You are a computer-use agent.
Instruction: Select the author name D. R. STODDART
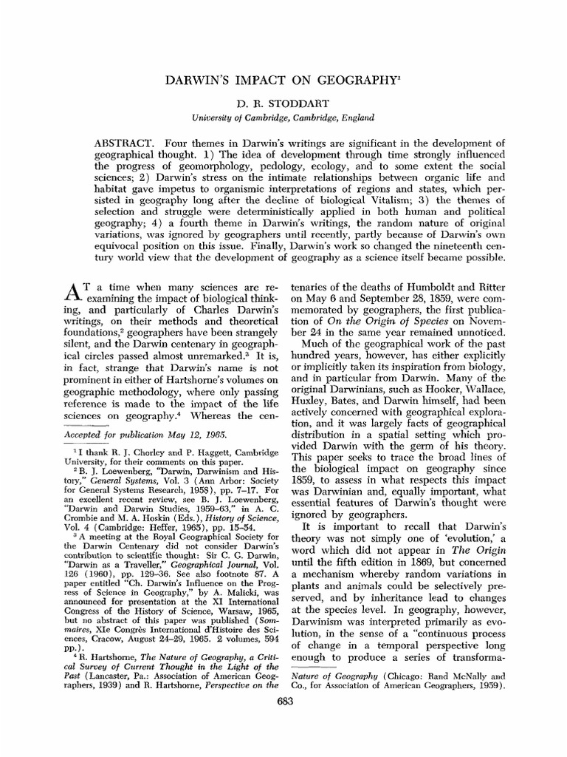click(283, 104)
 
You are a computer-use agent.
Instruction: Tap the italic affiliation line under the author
click(283, 117)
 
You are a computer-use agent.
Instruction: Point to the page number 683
click(283, 702)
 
